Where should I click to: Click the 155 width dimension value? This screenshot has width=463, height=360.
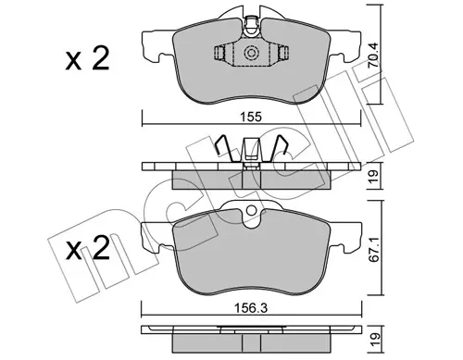pos(251,117)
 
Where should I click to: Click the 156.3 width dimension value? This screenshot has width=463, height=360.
pos(251,308)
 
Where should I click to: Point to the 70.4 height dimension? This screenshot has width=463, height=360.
pos(374,56)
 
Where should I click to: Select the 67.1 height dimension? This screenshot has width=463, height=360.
pos(374,250)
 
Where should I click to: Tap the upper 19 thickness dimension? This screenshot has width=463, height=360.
pos(374,176)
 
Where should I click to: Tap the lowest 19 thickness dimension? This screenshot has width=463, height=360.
pos(374,340)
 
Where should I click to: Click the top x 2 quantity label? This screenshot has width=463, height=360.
pos(87,58)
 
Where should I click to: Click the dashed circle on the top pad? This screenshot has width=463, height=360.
pos(250,53)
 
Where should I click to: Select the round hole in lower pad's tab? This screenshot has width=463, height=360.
pos(252,210)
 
